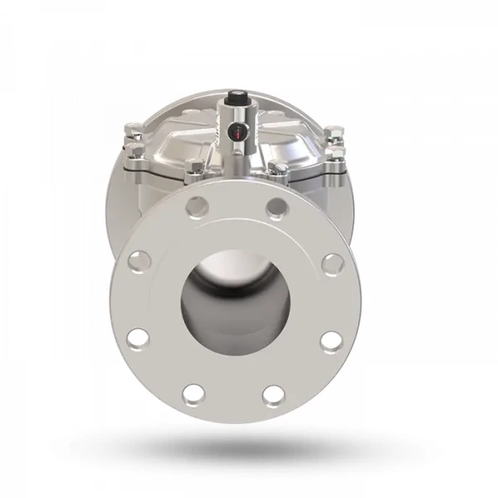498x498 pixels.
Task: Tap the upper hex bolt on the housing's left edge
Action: (132, 131)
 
